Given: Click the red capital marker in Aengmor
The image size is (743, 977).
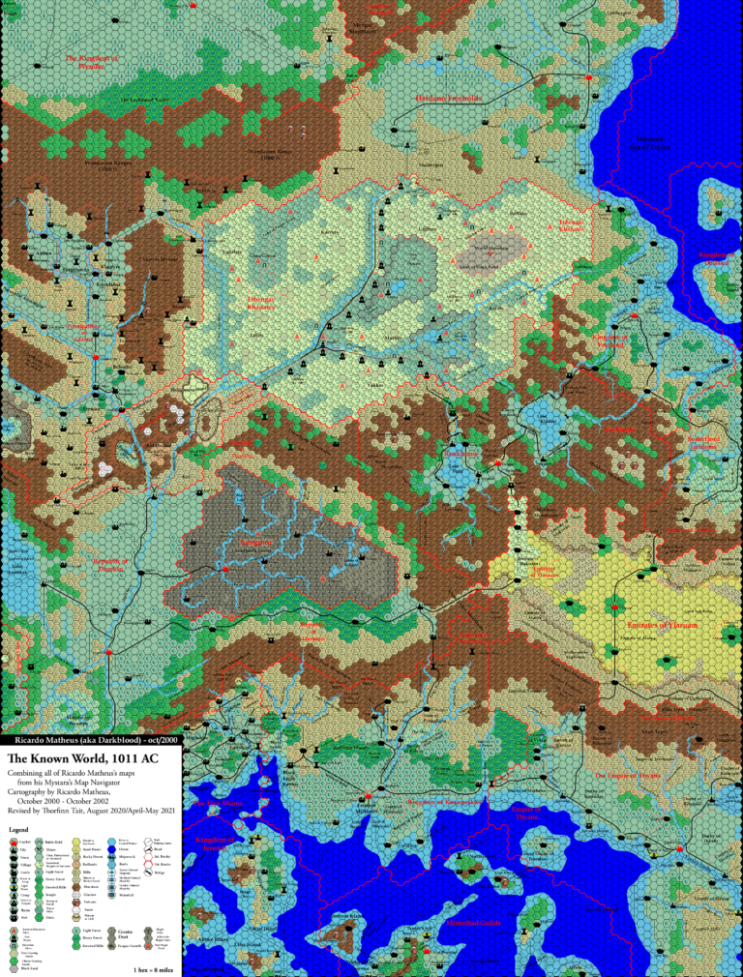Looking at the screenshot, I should pos(225,570).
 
